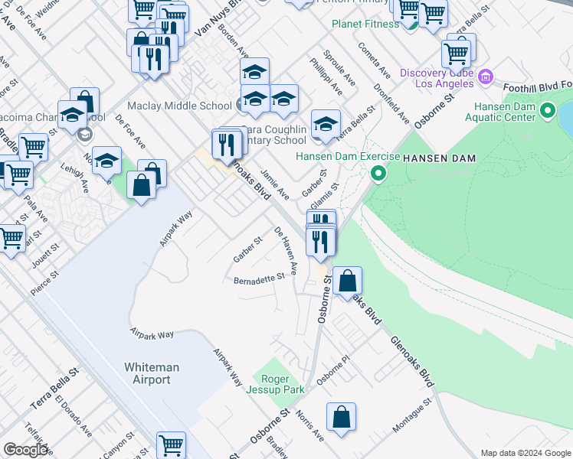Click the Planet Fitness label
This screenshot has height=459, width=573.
(365, 24)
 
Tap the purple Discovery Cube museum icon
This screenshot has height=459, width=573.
(485, 76)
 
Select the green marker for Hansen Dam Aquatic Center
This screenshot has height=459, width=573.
(547, 112)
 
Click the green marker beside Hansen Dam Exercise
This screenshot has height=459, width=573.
(377, 174)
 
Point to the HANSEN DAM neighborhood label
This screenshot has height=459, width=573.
(440, 158)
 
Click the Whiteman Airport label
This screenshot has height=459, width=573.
(152, 373)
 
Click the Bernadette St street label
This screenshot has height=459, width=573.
(260, 280)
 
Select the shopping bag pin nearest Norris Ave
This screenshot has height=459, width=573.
(341, 418)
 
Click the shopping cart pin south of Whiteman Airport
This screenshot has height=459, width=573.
(172, 444)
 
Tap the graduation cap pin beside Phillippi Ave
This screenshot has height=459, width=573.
(326, 123)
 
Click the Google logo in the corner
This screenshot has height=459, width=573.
(25, 450)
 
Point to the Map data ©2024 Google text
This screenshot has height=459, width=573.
(526, 453)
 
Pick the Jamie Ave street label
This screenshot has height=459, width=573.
(274, 183)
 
